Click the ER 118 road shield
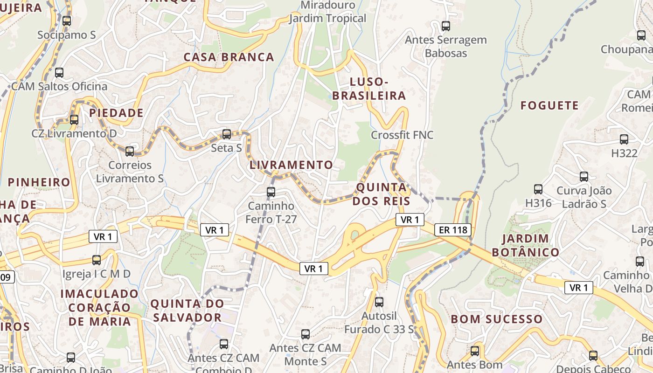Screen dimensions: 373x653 pyautogui.click(x=453, y=229)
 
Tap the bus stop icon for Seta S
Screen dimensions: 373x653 pyautogui.click(x=227, y=134)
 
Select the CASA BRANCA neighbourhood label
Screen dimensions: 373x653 pyautogui.click(x=229, y=57)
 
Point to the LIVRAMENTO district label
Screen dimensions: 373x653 pyautogui.click(x=291, y=165)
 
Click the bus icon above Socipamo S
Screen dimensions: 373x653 pyautogui.click(x=67, y=21)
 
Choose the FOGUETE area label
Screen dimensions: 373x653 pyautogui.click(x=549, y=105)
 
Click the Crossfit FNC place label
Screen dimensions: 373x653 pyautogui.click(x=402, y=135)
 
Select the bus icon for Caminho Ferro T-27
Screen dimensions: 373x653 pyautogui.click(x=271, y=192)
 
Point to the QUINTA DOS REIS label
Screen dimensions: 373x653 pyautogui.click(x=382, y=194)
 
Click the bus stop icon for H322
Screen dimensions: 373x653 pyautogui.click(x=624, y=139)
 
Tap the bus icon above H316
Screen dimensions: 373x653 pyautogui.click(x=538, y=189)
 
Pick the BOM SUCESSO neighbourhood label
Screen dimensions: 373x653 pyautogui.click(x=497, y=319)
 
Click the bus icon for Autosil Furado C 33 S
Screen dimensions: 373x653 pyautogui.click(x=379, y=302)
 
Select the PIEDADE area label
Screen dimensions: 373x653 pyautogui.click(x=116, y=113)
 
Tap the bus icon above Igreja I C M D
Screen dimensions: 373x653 pyautogui.click(x=97, y=260)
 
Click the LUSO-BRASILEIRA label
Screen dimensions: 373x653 pyautogui.click(x=369, y=89)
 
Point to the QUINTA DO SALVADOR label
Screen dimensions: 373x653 pyautogui.click(x=187, y=311)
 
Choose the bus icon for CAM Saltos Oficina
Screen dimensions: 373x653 pyautogui.click(x=59, y=73)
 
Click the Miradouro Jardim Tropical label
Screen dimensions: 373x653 pyautogui.click(x=328, y=12)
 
